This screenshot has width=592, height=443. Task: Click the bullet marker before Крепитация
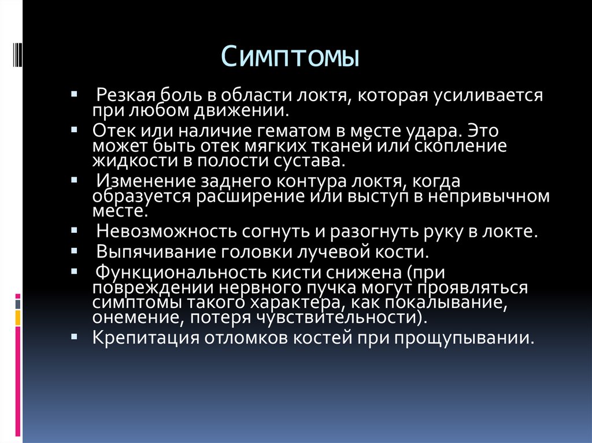(x=76, y=334)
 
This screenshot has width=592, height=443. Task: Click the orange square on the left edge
(x=18, y=317)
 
